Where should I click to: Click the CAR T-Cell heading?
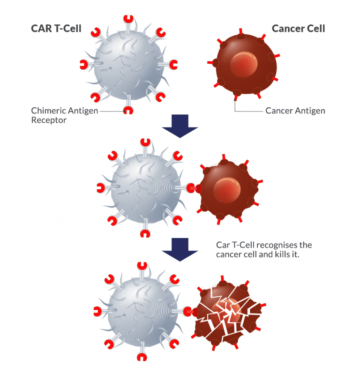56,29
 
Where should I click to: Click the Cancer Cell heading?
298,29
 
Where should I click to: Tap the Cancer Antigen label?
295,111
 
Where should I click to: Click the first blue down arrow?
180,127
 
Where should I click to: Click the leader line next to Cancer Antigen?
248,111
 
